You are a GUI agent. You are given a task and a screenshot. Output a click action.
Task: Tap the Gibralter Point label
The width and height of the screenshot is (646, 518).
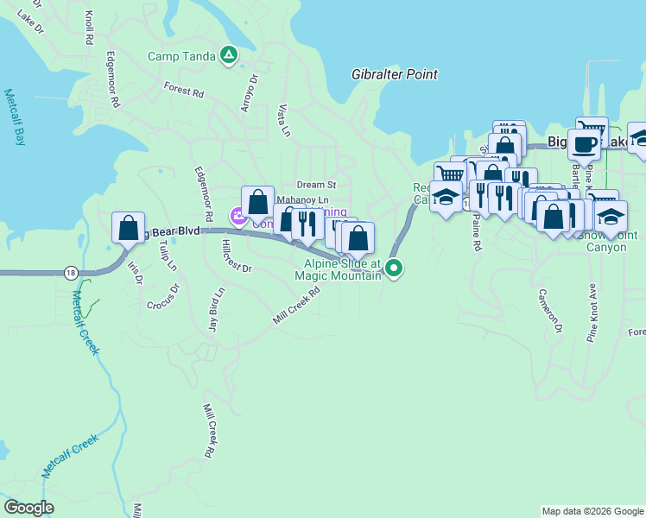(395, 75)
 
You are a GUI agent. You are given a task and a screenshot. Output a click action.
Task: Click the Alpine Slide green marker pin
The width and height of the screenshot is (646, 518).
(395, 268)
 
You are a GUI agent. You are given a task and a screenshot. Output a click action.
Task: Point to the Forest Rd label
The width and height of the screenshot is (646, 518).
(183, 89)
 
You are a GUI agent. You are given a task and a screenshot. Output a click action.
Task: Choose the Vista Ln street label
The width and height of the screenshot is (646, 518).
(283, 121)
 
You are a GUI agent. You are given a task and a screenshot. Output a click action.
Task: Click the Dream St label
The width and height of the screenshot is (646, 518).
(315, 185)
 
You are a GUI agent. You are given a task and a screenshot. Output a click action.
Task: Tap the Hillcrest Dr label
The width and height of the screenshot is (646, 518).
(236, 268)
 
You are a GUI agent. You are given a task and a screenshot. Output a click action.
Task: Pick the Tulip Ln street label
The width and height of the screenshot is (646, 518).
(167, 253)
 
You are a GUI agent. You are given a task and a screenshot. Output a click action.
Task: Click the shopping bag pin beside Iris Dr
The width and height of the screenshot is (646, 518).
(129, 229)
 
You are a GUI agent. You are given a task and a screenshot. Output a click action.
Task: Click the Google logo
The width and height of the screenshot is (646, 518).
(29, 508)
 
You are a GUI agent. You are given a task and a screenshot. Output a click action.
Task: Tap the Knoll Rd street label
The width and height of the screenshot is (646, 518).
(89, 33)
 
